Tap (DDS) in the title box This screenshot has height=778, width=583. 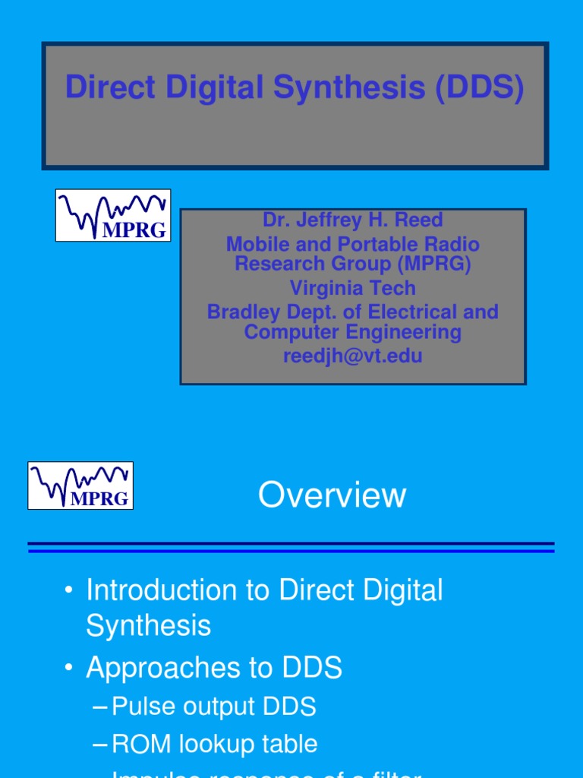point(479,88)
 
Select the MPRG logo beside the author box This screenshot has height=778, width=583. point(113,216)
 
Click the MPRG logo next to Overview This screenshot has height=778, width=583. point(80,485)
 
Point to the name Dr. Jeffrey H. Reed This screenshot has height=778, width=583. point(352,220)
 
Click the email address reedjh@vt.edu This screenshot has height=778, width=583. point(352,356)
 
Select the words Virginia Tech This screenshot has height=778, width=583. point(352,288)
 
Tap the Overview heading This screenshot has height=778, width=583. point(332,495)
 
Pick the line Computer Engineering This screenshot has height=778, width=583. point(352,333)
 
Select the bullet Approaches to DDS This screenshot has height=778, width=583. point(214,668)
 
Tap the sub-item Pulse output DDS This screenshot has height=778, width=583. point(213,707)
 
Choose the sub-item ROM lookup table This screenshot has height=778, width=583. point(214,744)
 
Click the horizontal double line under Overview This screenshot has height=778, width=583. point(291,547)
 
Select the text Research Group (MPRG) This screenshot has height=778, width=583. point(352,264)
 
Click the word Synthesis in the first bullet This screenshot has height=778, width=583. point(148,626)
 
